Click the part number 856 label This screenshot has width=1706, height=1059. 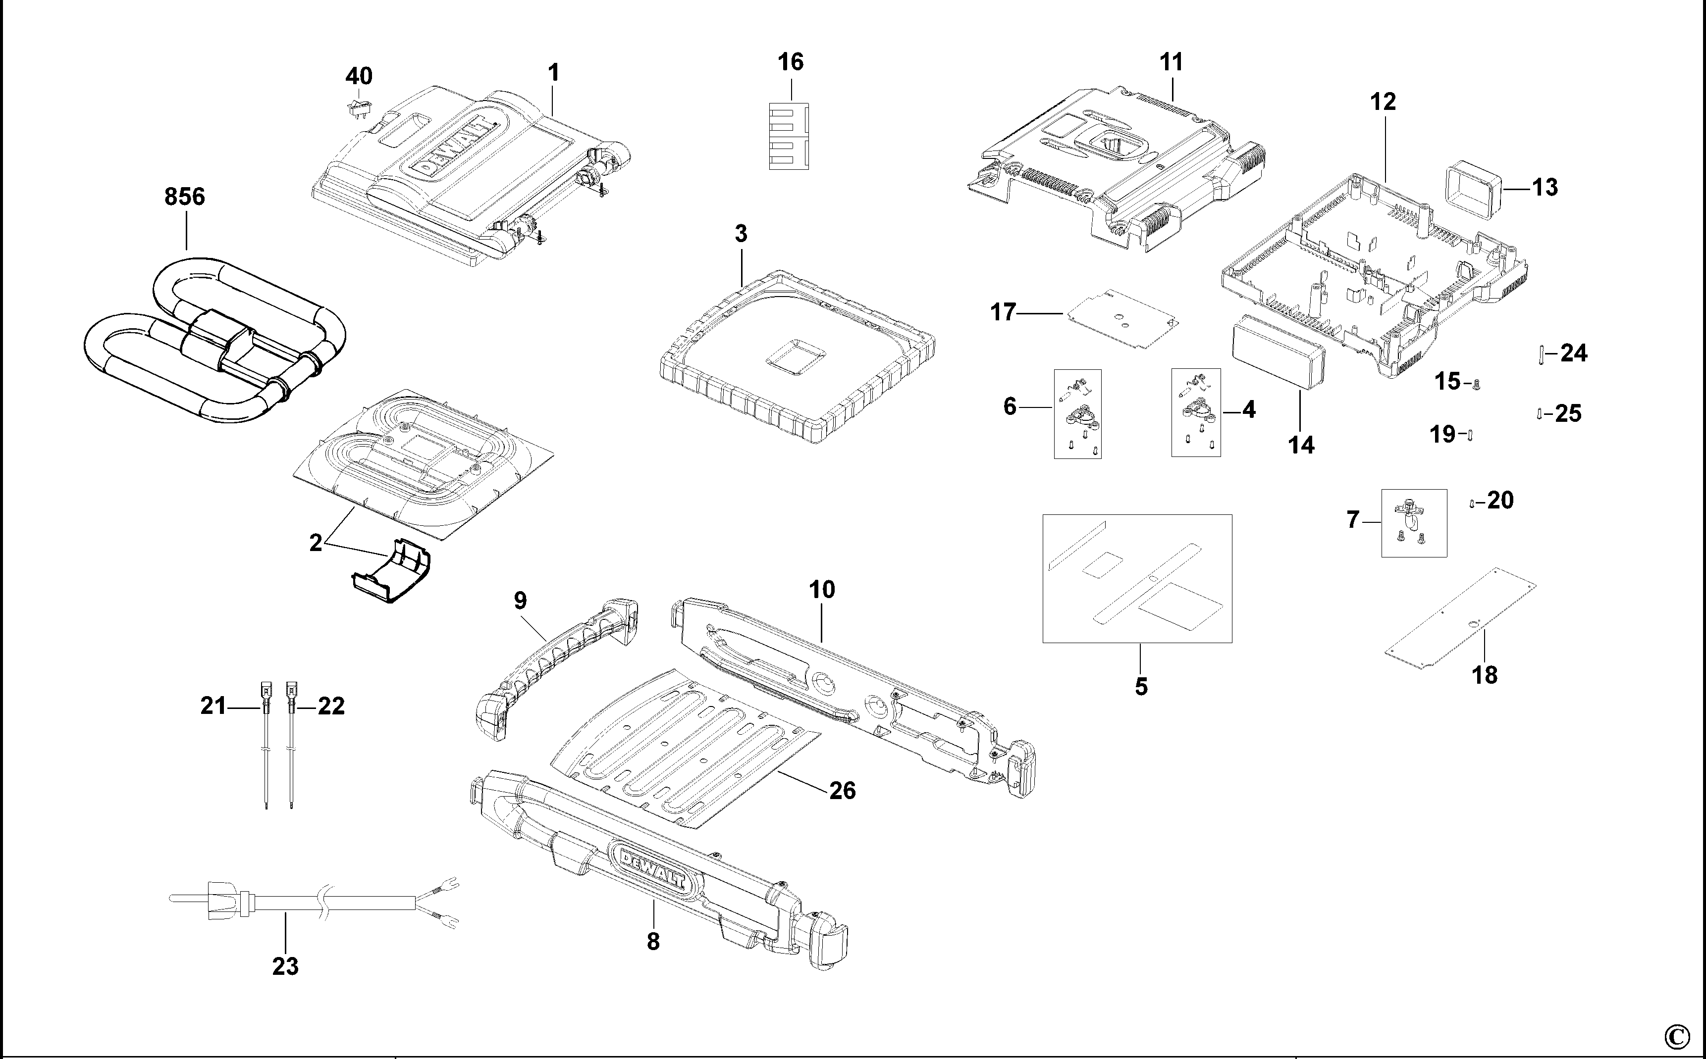point(184,197)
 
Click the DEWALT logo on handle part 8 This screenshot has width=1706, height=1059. point(649,866)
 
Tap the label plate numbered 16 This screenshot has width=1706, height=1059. point(789,137)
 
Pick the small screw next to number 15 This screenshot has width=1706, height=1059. point(1476,383)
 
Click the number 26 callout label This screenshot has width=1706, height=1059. point(842,791)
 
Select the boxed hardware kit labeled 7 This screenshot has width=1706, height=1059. point(1413,523)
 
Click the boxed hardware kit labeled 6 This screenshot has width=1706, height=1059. point(1077,414)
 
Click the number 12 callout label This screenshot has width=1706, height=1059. point(1383,102)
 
